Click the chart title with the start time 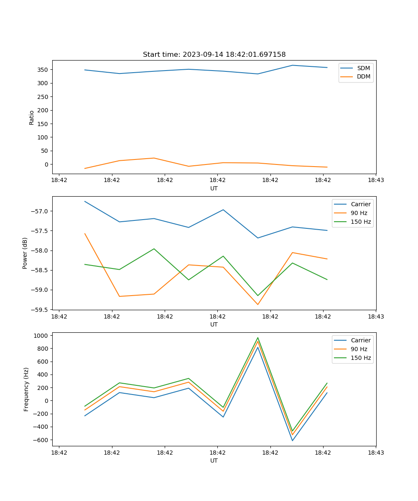coord(214,55)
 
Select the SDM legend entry coord(363,68)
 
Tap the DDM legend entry coord(363,77)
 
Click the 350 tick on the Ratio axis coord(43,70)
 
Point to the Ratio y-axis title coord(32,117)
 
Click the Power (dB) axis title coord(25,253)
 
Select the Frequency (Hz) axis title coord(26,389)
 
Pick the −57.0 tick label coord(40,211)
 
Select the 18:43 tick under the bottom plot coord(376,453)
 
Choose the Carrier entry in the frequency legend coord(360,340)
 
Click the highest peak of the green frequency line coord(257,338)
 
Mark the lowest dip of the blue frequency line coord(292,440)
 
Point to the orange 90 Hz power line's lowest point coord(257,304)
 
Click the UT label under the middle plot coord(214,324)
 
